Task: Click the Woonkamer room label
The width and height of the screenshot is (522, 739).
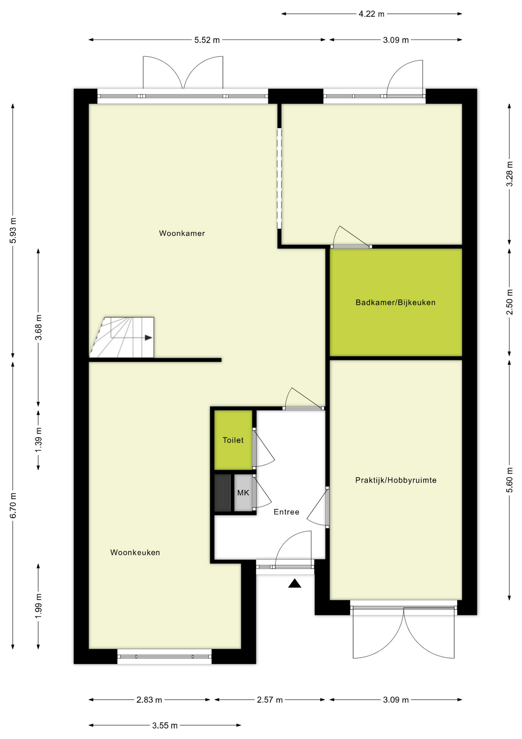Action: point(182,233)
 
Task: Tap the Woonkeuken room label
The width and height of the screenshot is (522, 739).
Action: point(135,552)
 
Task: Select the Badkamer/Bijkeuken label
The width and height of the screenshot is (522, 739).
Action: point(395,303)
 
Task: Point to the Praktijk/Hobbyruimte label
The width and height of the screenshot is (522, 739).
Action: point(396,480)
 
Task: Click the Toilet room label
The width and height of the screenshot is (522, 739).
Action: point(233,440)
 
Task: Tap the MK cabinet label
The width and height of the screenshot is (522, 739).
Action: point(243,493)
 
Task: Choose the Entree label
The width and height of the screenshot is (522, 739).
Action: point(286,512)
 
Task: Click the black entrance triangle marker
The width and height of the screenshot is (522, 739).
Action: point(294,584)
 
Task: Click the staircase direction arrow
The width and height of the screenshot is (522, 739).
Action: point(148,338)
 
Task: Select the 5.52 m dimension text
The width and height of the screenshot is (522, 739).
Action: point(207,40)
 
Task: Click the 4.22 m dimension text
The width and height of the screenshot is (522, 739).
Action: point(371,14)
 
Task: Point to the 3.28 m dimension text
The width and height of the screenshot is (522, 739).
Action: point(509,173)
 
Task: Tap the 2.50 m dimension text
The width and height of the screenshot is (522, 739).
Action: point(509,301)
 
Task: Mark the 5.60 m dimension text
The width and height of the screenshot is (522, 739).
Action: point(509,480)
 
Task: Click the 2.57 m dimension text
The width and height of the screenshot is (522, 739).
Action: point(269,700)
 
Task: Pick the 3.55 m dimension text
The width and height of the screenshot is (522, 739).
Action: point(165,726)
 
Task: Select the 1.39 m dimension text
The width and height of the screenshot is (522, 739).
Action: point(38,440)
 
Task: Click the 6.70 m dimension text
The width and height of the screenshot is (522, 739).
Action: point(13,505)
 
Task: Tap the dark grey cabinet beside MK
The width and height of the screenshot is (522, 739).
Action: point(222,493)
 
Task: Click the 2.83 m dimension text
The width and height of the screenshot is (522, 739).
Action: point(149,700)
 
